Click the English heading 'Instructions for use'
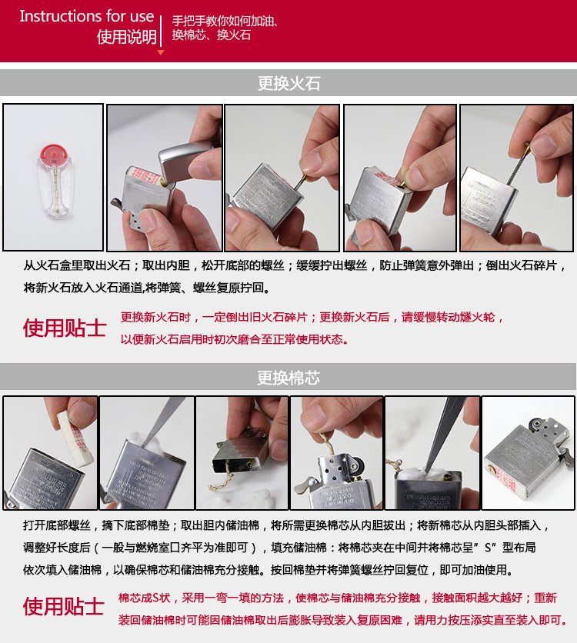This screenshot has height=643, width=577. pyautogui.click(x=86, y=16)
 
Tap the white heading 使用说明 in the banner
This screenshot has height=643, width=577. pyautogui.click(x=126, y=38)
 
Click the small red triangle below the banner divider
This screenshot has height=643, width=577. pyautogui.click(x=161, y=52)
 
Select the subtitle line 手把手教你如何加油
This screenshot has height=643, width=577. pyautogui.click(x=224, y=21)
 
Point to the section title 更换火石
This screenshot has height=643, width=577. pyautogui.click(x=288, y=83)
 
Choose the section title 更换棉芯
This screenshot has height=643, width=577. pyautogui.click(x=288, y=378)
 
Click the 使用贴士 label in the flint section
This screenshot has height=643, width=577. pyautogui.click(x=65, y=328)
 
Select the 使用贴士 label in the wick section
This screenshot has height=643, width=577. pyautogui.click(x=65, y=606)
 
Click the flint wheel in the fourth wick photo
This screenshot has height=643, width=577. pyautogui.click(x=354, y=466)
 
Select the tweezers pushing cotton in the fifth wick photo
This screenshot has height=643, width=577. pyautogui.click(x=446, y=438)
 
